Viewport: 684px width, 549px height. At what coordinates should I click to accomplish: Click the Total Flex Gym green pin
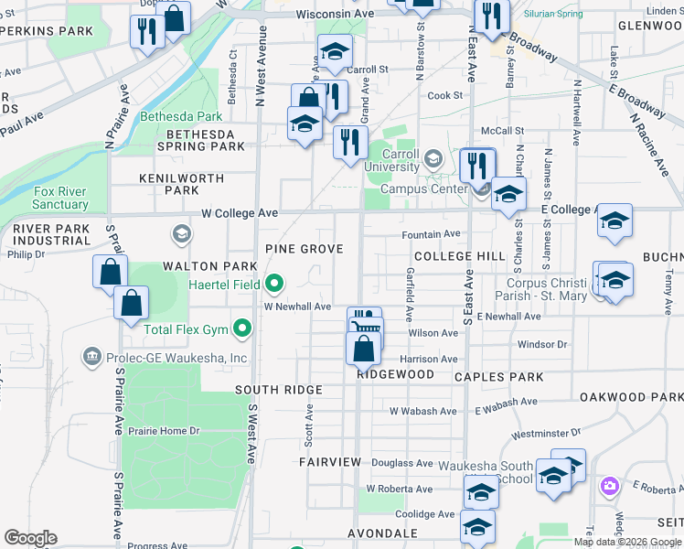(242, 327)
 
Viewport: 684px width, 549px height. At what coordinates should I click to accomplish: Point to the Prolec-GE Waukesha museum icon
(91, 356)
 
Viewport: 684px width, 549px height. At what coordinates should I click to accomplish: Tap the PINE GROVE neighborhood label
(304, 249)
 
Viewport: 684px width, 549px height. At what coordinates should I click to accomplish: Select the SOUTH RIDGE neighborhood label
(268, 389)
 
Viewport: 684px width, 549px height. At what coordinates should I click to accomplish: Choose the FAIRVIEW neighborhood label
(330, 462)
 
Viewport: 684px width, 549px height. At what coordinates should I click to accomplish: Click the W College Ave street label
(240, 212)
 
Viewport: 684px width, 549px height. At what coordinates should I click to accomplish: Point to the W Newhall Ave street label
(298, 307)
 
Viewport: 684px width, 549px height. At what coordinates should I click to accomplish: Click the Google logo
(30, 538)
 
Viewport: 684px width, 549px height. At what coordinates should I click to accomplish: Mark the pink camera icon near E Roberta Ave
(609, 487)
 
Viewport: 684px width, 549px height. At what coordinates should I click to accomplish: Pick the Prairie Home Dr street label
(164, 431)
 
